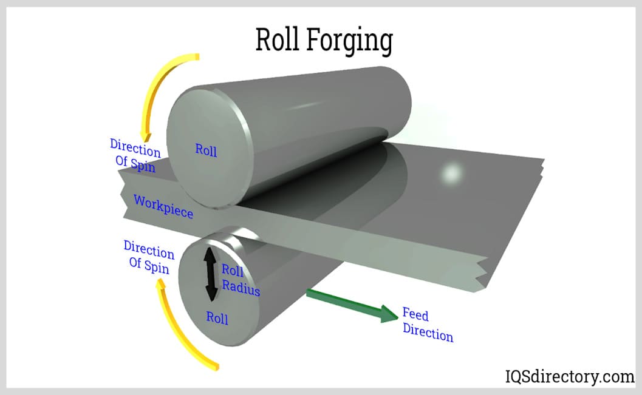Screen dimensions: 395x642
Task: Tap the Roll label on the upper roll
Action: point(205,149)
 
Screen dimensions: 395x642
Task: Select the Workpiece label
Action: point(163,206)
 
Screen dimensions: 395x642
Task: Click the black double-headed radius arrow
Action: point(210,274)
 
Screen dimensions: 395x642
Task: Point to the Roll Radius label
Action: point(241,280)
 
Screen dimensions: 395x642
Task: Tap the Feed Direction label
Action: point(428,324)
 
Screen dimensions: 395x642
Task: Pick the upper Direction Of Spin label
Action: point(135,155)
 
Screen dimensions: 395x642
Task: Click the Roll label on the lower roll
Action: point(217,317)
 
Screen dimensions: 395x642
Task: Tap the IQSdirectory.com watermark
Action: point(570,376)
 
